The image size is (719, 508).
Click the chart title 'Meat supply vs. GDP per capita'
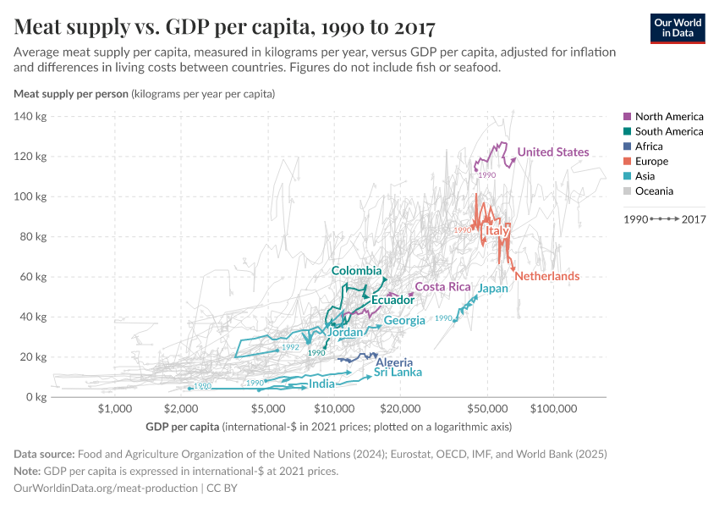(x=225, y=28)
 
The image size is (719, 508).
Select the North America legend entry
(x=668, y=116)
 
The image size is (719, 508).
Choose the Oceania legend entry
(x=655, y=191)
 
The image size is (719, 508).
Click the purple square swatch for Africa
(x=627, y=146)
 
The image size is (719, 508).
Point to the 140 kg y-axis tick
(x=30, y=116)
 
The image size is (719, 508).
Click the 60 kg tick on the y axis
(x=32, y=277)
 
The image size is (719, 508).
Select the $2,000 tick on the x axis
(x=181, y=410)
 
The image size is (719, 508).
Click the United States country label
(x=553, y=152)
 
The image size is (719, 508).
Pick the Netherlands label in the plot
(x=546, y=277)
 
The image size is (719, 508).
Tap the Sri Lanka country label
(x=398, y=372)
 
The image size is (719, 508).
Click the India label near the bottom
(x=321, y=384)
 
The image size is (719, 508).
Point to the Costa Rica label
(x=442, y=287)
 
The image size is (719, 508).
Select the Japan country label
(x=493, y=289)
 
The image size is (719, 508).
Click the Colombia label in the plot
(x=356, y=271)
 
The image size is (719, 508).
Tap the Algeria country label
(x=394, y=362)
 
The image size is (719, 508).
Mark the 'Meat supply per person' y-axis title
(x=70, y=94)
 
